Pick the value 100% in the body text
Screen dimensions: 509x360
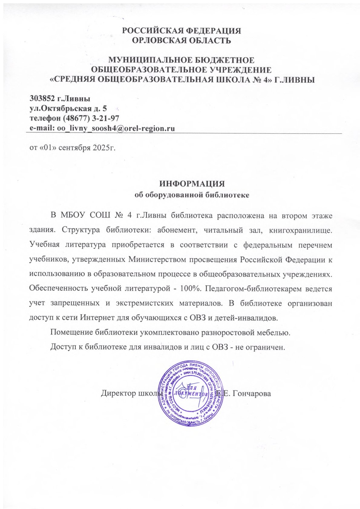(x=190, y=288)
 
